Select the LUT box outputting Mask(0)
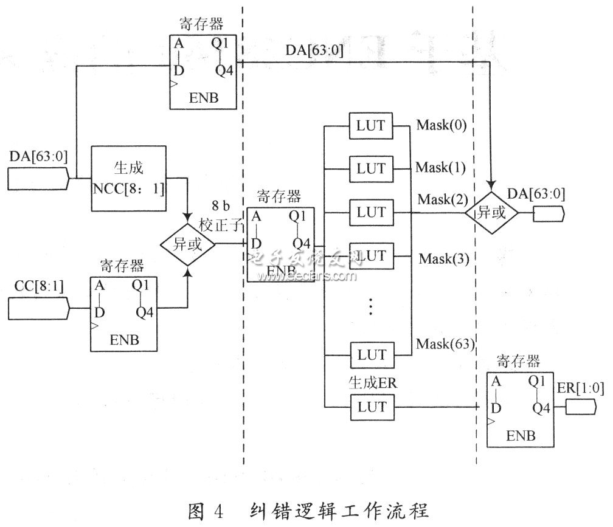point(371,127)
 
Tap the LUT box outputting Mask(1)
point(371,168)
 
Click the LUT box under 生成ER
point(371,407)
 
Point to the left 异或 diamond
point(188,245)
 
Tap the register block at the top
point(203,72)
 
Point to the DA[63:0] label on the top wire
point(314,51)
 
